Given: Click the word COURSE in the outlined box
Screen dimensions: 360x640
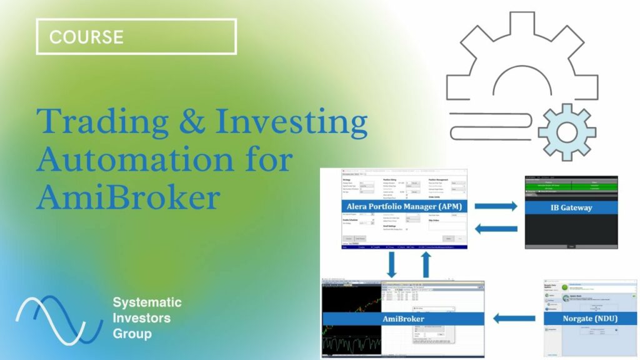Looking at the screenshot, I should point(86,36).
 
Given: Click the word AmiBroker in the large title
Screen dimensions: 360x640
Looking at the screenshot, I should point(128,198).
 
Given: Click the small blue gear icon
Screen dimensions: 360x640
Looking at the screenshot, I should point(566,132).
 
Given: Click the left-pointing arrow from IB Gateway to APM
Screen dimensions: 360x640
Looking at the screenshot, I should point(496,229).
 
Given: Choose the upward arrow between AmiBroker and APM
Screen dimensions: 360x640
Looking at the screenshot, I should point(426,265).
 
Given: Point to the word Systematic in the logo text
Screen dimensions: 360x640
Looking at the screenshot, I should point(147,303).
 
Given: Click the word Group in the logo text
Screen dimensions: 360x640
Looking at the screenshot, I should point(131,333).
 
